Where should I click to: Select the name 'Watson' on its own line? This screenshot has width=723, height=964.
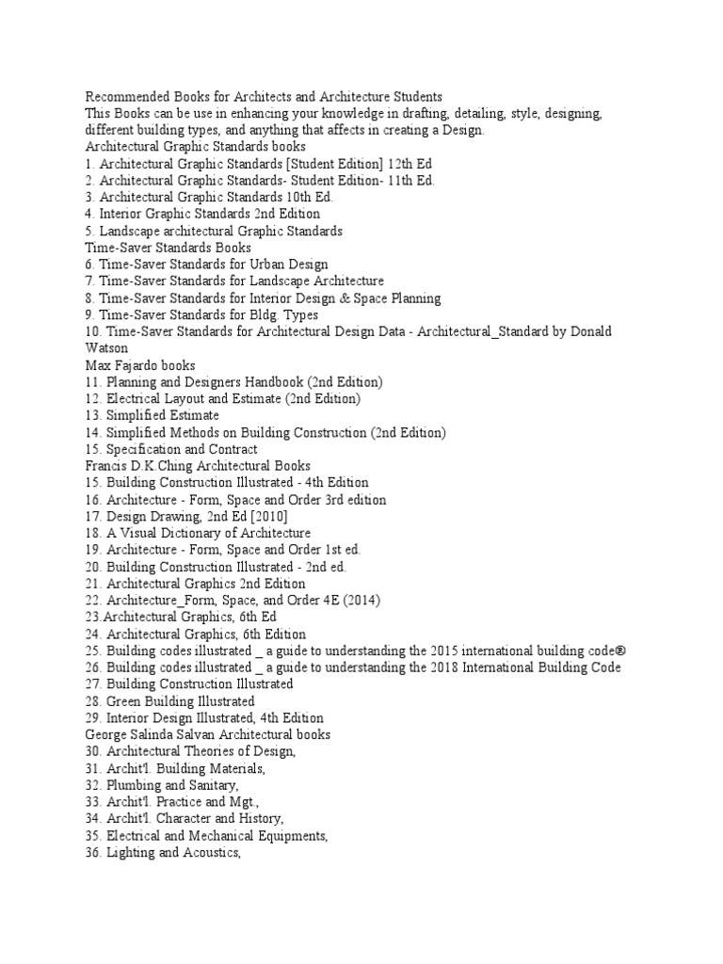click(x=107, y=348)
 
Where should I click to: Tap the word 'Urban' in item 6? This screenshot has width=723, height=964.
click(x=260, y=265)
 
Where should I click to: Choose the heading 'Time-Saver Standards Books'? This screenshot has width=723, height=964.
click(x=168, y=248)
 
